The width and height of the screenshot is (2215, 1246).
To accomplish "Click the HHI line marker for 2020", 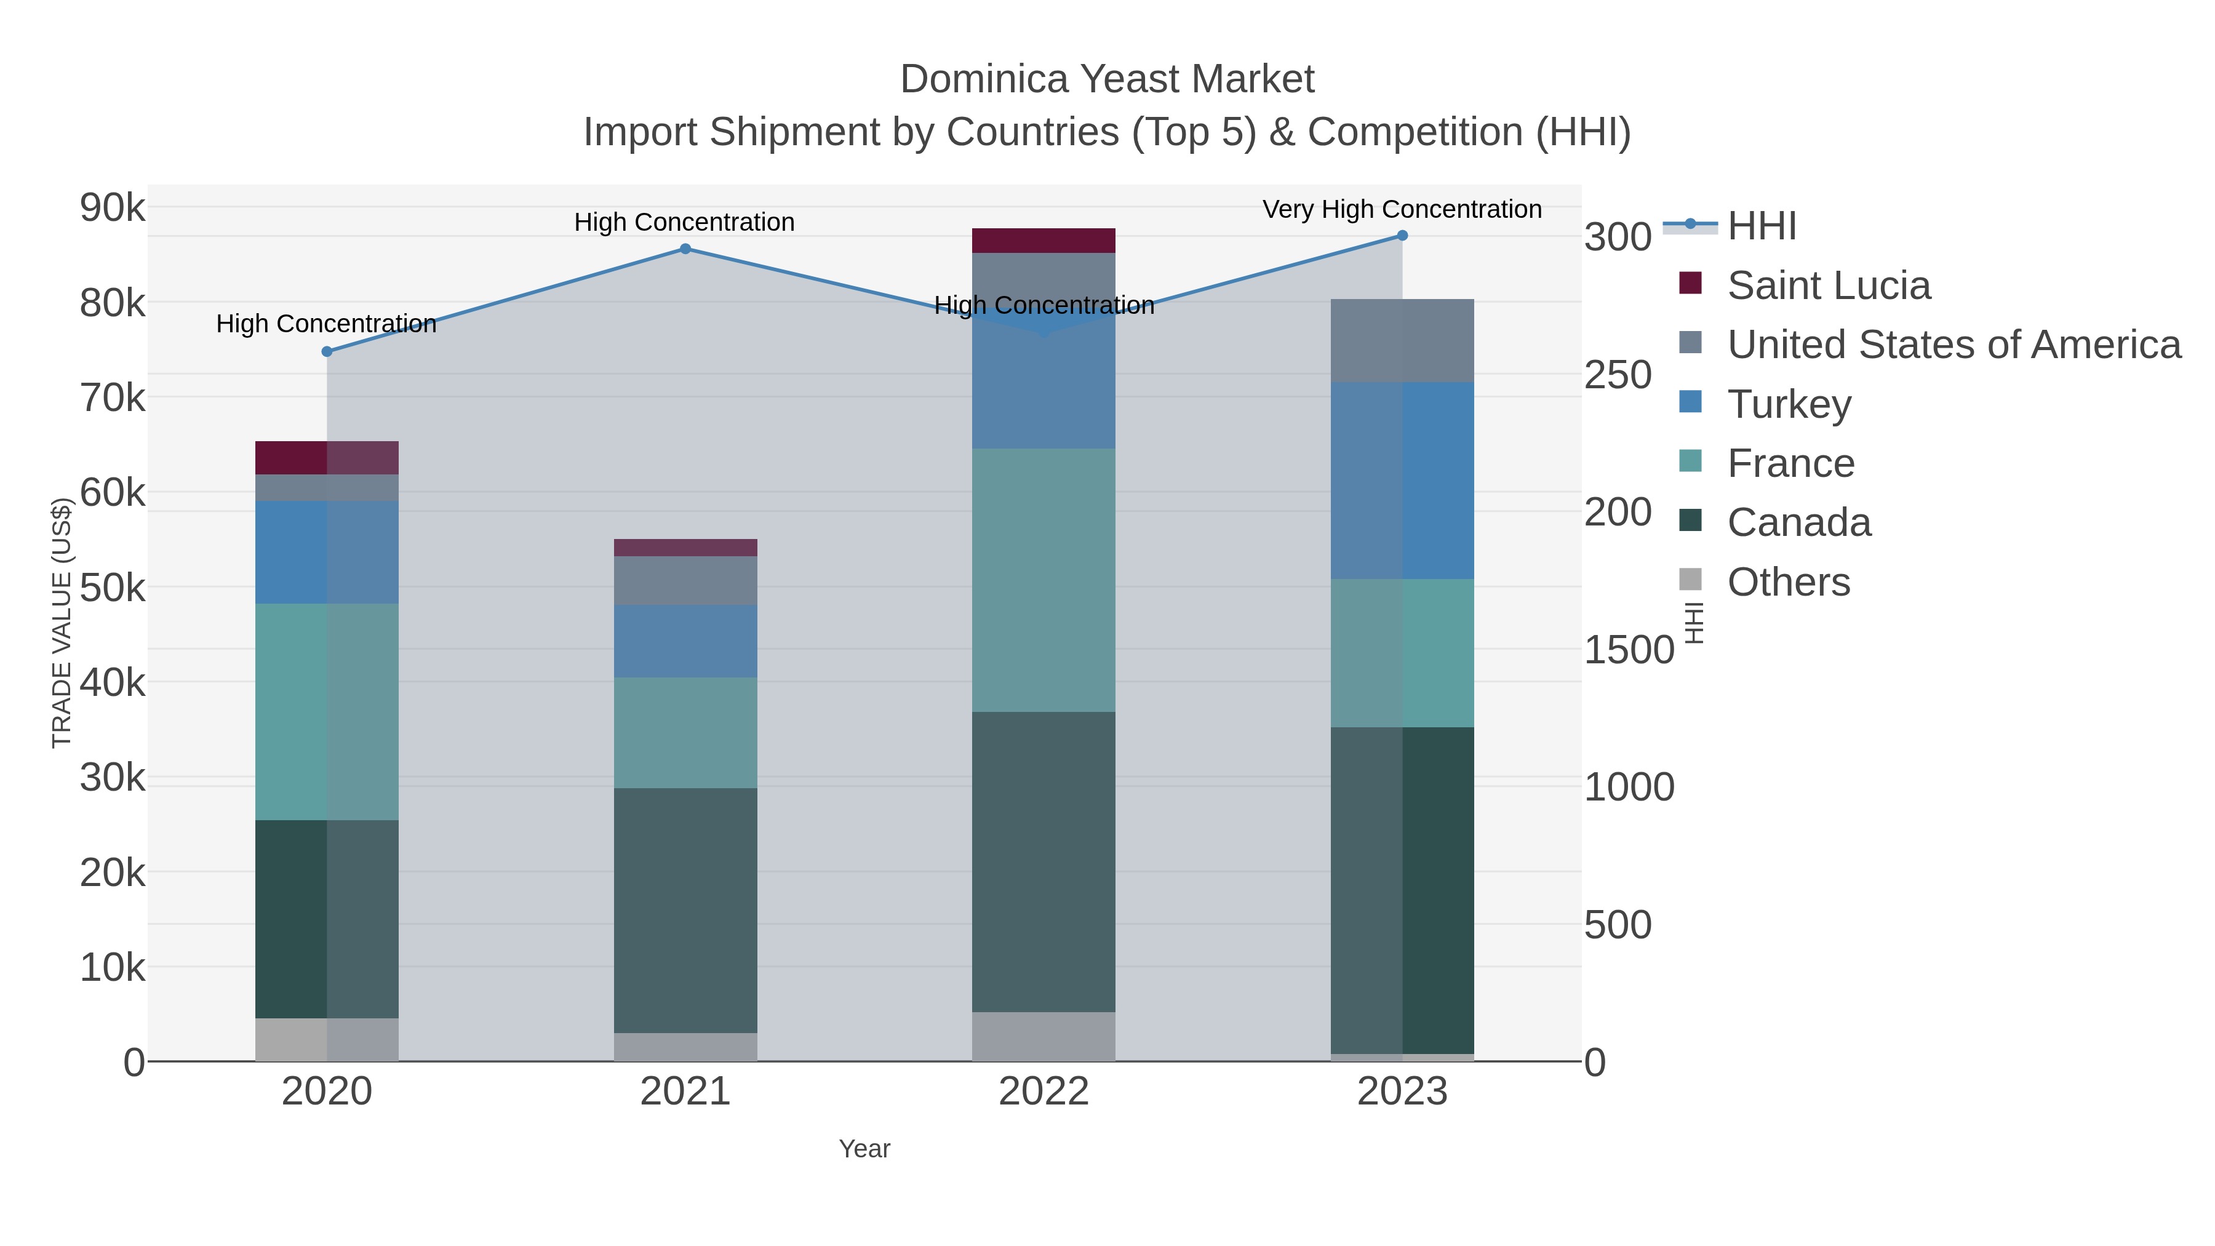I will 327,352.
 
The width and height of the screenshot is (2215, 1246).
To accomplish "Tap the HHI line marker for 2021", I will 685,249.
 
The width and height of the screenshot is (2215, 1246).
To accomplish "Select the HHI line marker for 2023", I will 1402,236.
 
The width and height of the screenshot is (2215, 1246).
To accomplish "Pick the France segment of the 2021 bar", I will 685,733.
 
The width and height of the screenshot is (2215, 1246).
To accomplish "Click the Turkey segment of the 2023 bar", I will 1402,480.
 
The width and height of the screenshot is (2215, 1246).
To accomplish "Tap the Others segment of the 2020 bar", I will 327,1040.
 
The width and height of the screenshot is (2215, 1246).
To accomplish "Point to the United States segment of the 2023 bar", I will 1402,340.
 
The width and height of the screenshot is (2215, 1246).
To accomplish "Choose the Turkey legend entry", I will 1789,404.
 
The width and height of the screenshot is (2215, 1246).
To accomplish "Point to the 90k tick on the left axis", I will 113,208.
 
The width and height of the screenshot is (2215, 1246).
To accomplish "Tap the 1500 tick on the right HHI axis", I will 1629,650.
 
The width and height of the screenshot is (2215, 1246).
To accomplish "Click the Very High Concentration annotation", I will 1402,209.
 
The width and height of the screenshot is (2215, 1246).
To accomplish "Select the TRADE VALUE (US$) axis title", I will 62,623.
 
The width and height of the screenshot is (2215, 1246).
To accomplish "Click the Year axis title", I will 864,1149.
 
